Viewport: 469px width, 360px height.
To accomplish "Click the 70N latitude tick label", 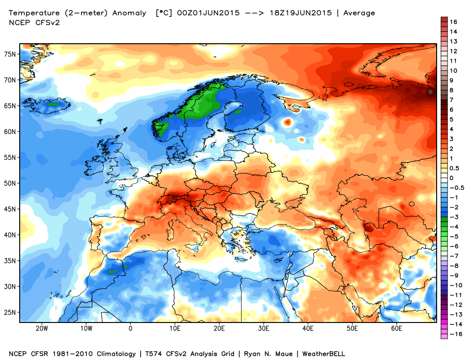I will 10,80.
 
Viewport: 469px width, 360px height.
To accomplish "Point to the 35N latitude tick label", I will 10,261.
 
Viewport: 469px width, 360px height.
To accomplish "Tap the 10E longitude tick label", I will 175,329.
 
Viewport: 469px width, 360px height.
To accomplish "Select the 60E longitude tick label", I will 397,329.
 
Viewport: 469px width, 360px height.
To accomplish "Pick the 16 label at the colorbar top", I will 453,22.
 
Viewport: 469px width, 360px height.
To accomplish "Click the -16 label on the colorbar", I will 453,334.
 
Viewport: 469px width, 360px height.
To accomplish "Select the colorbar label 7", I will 451,100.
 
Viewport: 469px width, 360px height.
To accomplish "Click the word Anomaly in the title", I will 132,13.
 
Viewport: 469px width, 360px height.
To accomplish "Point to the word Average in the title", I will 359,13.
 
